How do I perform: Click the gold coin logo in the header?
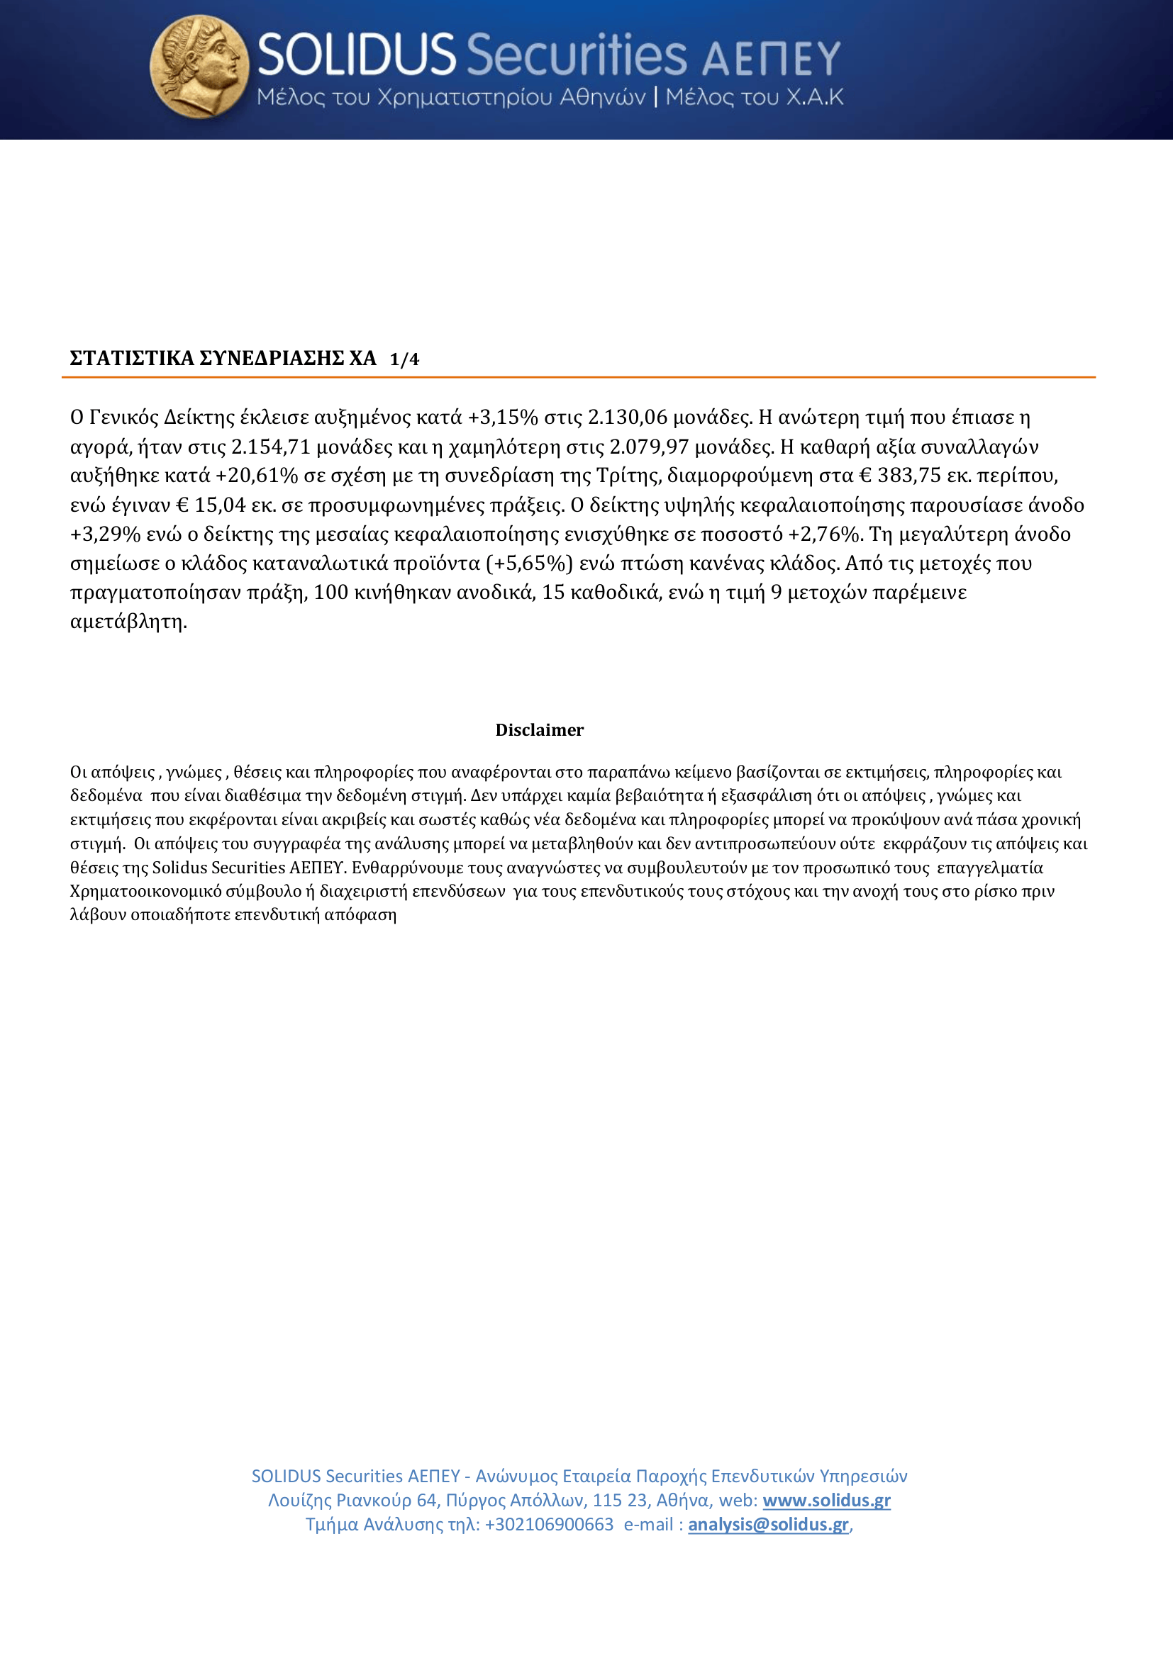(199, 67)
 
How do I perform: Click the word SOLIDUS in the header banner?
(356, 55)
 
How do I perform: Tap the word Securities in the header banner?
(577, 55)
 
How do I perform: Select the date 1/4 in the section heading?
(404, 359)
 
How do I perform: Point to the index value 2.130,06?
(628, 418)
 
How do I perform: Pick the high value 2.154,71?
(270, 447)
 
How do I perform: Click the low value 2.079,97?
(649, 447)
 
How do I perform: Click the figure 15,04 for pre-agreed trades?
(220, 505)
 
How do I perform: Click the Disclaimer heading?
(540, 730)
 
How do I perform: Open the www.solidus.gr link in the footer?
(826, 1501)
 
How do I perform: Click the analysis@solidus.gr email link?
(768, 1525)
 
